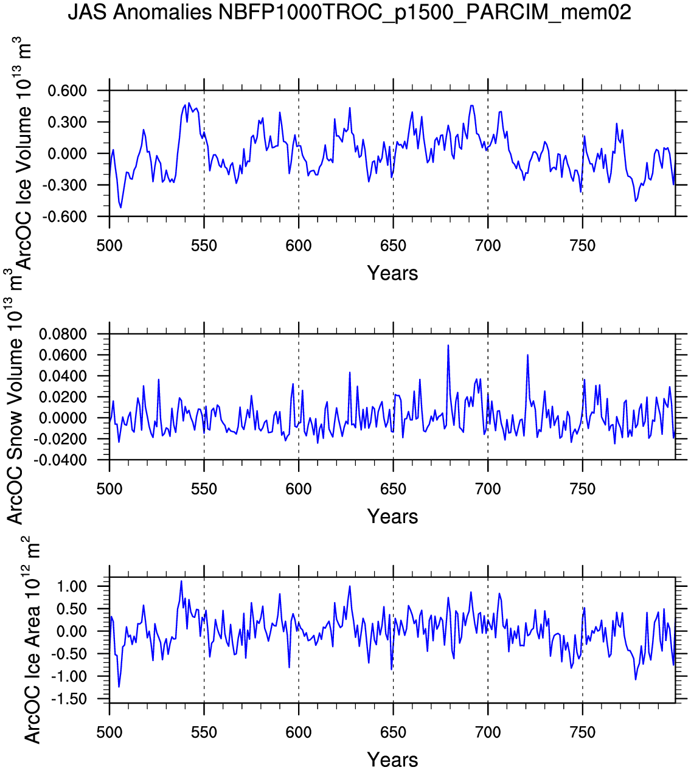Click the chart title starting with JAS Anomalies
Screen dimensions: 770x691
point(349,12)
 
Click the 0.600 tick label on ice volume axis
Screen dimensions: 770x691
point(68,91)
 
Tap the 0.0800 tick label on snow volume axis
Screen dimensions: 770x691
point(63,335)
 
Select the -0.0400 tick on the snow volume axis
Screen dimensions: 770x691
point(61,460)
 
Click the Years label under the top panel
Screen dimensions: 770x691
point(392,274)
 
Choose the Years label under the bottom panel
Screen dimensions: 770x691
point(392,760)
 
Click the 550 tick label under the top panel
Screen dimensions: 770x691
point(204,246)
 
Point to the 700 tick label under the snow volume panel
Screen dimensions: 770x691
point(488,489)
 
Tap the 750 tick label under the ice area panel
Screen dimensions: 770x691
point(583,732)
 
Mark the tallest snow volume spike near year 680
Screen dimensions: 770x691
point(448,345)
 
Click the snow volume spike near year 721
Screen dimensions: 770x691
point(527,355)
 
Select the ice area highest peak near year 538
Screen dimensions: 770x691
point(181,581)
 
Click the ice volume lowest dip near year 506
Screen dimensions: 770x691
point(120,207)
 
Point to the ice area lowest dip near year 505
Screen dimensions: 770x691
point(119,687)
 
